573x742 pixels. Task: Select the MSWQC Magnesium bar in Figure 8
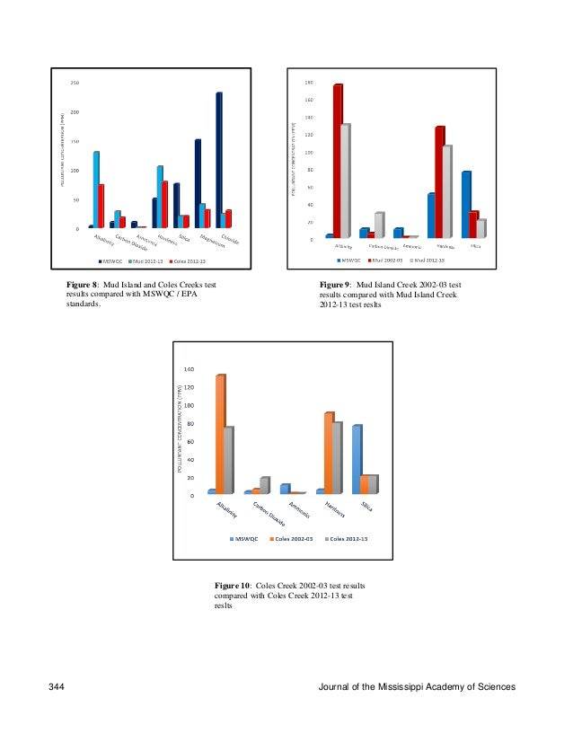point(197,183)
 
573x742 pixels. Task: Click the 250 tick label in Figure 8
point(75,83)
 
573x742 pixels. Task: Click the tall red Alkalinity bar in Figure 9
point(337,162)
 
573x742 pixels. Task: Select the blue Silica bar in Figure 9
point(465,205)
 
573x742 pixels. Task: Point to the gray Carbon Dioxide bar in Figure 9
point(379,225)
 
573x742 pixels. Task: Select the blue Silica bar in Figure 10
point(357,459)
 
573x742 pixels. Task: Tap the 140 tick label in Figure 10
point(189,369)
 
